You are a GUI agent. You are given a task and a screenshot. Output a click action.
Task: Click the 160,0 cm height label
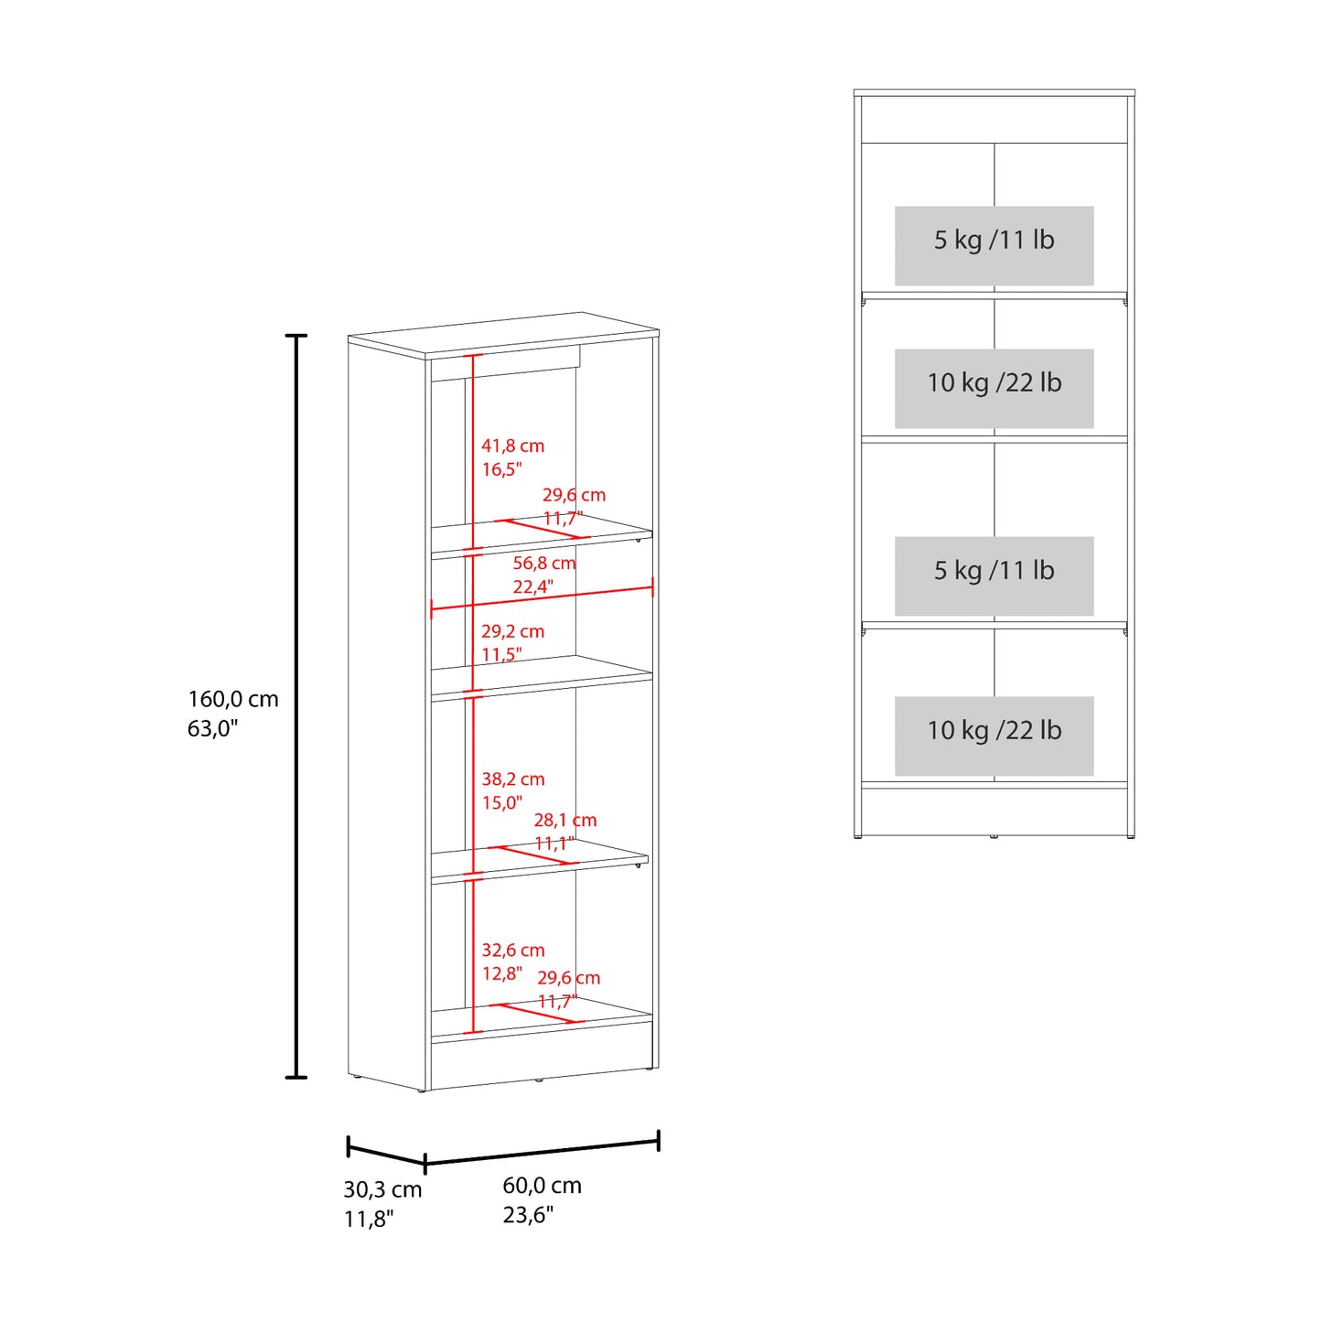click(x=233, y=699)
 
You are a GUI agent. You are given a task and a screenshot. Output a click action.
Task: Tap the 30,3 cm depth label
click(x=382, y=1189)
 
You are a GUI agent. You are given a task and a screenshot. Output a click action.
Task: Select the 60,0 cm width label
click(x=542, y=1185)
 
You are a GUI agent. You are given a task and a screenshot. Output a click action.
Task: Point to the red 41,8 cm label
click(x=512, y=446)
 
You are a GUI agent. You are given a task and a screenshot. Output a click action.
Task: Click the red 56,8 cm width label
click(x=544, y=564)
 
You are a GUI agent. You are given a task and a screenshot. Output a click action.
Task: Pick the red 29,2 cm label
click(x=512, y=631)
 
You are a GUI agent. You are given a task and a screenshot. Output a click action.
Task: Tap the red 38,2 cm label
click(x=512, y=779)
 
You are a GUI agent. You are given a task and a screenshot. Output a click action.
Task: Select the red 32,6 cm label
click(x=512, y=951)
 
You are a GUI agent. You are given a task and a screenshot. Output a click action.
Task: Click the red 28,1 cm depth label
click(x=565, y=820)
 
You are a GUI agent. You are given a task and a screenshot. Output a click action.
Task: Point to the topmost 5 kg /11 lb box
click(x=994, y=245)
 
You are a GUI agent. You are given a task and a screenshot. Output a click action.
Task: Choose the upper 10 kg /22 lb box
click(x=994, y=388)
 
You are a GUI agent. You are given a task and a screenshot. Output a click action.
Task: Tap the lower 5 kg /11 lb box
click(x=994, y=575)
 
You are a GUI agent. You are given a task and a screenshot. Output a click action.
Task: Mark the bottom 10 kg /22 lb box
click(x=994, y=736)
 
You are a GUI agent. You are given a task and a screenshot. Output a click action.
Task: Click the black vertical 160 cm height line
click(x=296, y=706)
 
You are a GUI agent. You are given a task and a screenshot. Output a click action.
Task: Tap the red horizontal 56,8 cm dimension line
click(x=542, y=597)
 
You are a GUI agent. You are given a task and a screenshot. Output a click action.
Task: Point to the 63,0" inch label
click(x=212, y=728)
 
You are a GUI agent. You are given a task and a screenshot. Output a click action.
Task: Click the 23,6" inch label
click(x=528, y=1215)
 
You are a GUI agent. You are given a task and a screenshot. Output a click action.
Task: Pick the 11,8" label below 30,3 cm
click(x=369, y=1220)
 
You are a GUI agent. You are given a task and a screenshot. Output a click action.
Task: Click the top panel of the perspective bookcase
click(x=503, y=335)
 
